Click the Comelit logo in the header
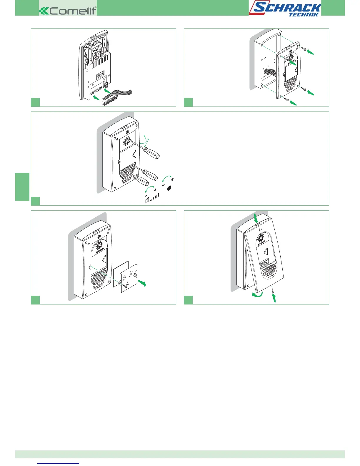pyautogui.click(x=68, y=11)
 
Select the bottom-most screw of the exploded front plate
pyautogui.click(x=286, y=100)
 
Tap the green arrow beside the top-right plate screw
pyautogui.click(x=310, y=52)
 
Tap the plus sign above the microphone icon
pyautogui.click(x=172, y=179)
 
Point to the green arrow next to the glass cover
pyautogui.click(x=142, y=283)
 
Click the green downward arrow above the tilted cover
pyautogui.click(x=256, y=218)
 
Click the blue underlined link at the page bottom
pyautogui.click(x=59, y=463)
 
